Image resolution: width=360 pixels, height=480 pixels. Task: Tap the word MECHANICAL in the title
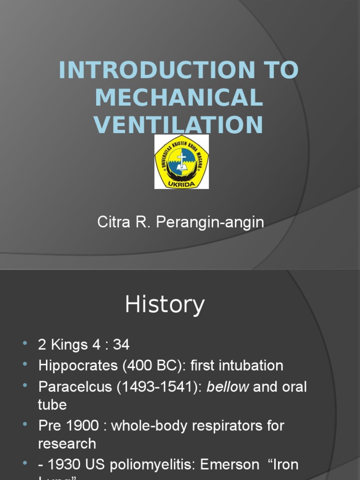click(179, 98)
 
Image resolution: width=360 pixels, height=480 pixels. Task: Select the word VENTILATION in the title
click(178, 125)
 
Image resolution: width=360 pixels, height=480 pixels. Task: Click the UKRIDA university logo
click(182, 162)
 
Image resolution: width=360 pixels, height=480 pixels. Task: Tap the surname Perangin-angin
click(210, 223)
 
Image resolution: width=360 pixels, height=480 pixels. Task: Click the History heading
click(165, 305)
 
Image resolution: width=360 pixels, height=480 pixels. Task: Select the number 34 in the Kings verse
click(120, 345)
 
